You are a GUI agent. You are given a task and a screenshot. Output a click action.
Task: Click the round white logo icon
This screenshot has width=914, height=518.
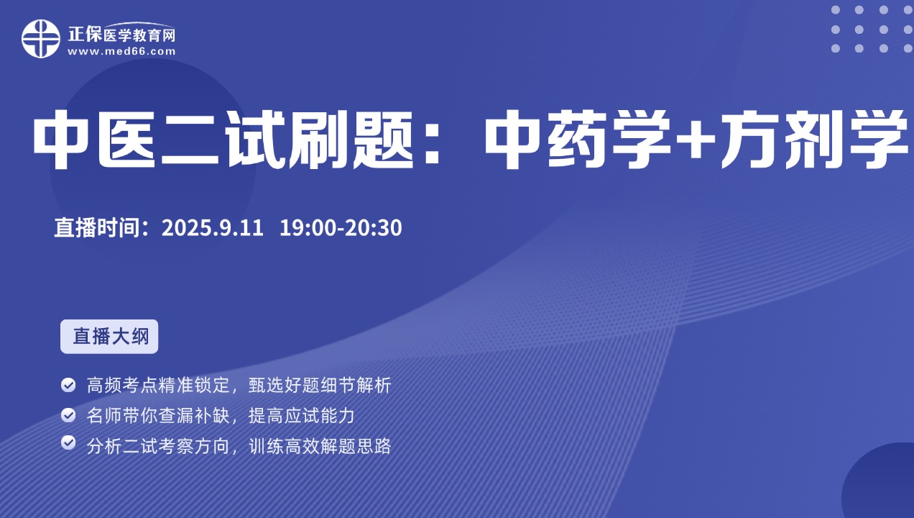tap(41, 39)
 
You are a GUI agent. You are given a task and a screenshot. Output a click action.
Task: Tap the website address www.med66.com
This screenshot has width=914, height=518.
tap(121, 52)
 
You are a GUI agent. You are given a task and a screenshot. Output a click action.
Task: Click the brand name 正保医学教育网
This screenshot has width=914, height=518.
tap(121, 35)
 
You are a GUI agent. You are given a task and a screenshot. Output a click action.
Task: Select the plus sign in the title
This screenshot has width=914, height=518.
tap(696, 139)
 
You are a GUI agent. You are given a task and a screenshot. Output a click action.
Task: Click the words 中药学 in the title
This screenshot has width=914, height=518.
tap(578, 139)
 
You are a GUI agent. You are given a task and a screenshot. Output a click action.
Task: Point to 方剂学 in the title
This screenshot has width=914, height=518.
tap(814, 139)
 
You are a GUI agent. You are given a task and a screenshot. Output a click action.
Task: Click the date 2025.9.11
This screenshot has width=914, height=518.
tap(212, 227)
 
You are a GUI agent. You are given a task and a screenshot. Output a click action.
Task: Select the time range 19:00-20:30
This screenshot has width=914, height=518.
tap(341, 227)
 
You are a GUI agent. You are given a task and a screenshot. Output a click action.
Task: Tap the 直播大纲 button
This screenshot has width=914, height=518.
tap(109, 337)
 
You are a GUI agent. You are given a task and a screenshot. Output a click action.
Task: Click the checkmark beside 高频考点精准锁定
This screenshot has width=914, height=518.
tap(68, 385)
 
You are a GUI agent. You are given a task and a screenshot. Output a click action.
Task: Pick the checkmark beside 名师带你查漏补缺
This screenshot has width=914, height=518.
tap(68, 415)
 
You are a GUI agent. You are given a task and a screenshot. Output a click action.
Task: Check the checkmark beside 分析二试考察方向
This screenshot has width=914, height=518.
tap(68, 443)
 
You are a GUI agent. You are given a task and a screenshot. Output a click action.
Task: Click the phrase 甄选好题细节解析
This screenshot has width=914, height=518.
tap(320, 385)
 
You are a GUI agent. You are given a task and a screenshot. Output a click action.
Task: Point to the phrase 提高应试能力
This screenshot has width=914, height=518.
tap(302, 415)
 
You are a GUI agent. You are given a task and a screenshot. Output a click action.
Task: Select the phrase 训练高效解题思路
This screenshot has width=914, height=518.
tap(320, 445)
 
